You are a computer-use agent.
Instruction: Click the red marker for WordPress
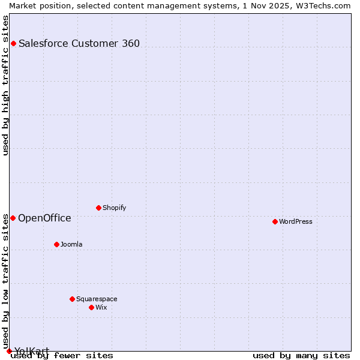[x=275, y=221]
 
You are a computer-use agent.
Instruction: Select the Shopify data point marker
[x=98, y=208]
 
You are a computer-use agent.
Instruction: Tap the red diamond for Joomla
[x=56, y=244]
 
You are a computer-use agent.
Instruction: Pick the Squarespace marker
[x=72, y=299]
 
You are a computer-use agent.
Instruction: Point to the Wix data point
[x=91, y=307]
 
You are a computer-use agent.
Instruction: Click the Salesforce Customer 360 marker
[x=13, y=43]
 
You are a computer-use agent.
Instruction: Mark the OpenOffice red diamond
[x=13, y=218]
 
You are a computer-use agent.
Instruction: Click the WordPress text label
[x=296, y=221]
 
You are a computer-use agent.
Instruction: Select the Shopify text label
[x=114, y=208]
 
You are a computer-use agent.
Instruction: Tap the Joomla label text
[x=71, y=244]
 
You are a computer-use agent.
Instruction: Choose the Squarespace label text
[x=97, y=299]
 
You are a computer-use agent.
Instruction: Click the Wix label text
[x=101, y=307]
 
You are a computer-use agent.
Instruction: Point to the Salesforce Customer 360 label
[x=79, y=43]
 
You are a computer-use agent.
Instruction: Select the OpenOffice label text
[x=44, y=218]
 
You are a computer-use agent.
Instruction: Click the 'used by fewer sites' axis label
[x=62, y=355]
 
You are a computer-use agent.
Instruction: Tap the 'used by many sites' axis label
[x=301, y=355]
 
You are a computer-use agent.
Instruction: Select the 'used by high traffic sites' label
[x=5, y=85]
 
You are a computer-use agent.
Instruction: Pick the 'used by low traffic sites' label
[x=5, y=281]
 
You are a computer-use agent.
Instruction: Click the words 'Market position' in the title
[x=37, y=5]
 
